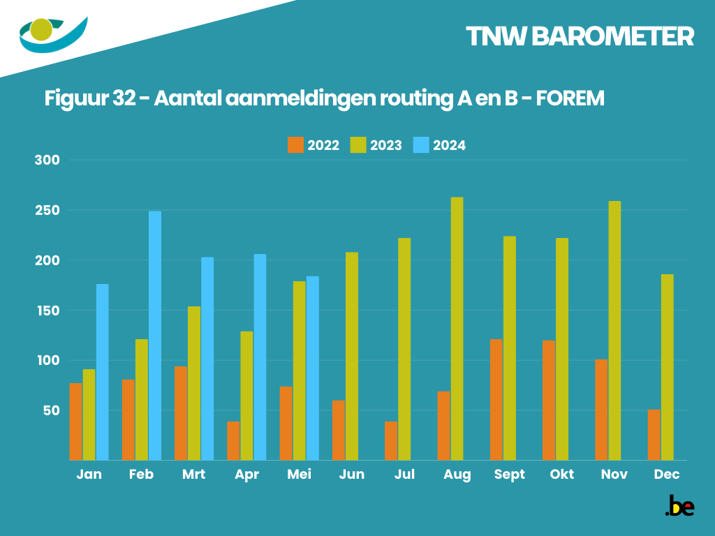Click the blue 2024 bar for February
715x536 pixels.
coord(155,336)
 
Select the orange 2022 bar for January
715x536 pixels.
coord(75,422)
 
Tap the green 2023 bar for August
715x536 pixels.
coord(457,329)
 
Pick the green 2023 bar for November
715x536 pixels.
coord(614,331)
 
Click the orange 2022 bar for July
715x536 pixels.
coord(391,440)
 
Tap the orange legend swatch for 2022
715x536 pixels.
coord(295,145)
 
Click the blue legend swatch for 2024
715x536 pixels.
coord(420,145)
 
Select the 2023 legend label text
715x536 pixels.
coord(386,145)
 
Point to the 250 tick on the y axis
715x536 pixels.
coord(48,210)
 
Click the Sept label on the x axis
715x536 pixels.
coord(509,475)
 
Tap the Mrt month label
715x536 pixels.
coord(193,475)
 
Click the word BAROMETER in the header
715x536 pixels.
coord(612,36)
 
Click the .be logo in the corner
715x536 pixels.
coord(679,506)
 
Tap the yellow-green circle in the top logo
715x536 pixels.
coord(41,29)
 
